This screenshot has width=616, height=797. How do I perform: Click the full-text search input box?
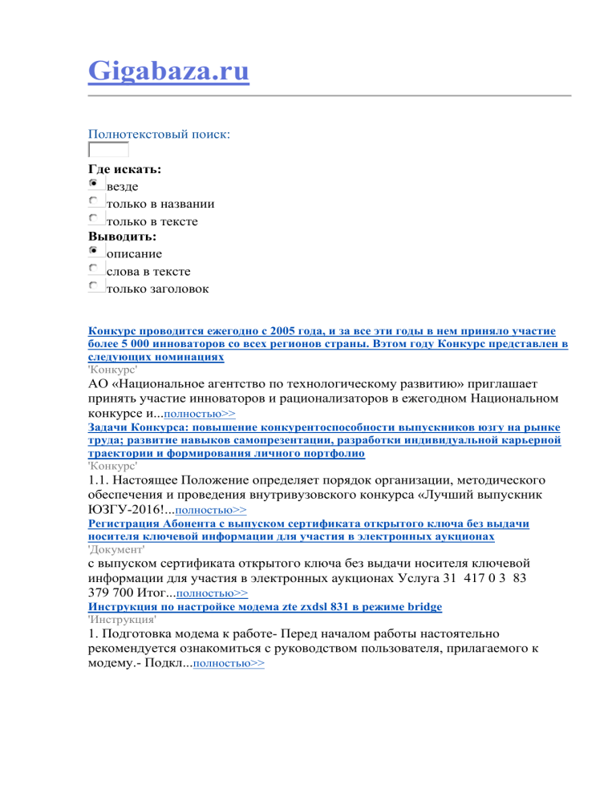(107, 150)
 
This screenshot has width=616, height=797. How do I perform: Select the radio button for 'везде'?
(95, 184)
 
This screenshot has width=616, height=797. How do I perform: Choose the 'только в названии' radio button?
(95, 201)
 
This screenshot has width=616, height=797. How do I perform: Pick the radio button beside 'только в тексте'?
(95, 218)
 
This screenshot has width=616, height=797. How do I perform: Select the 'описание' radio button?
(95, 252)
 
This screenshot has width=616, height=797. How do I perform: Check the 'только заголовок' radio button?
(95, 286)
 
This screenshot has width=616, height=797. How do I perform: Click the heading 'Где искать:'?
(124, 169)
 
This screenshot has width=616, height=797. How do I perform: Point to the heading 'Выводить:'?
(122, 237)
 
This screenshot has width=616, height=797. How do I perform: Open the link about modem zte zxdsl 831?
(265, 607)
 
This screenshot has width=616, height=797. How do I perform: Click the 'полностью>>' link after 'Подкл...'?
(229, 664)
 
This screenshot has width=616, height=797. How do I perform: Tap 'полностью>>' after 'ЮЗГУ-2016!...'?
(210, 508)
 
